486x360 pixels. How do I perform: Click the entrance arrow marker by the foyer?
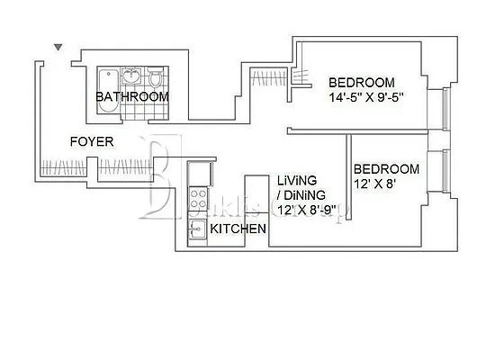click(x=58, y=48)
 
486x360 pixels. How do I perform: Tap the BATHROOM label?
click(x=132, y=96)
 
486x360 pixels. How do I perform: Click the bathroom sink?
click(x=132, y=76)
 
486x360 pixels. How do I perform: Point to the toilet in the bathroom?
click(x=155, y=77)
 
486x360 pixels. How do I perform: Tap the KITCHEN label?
click(x=238, y=229)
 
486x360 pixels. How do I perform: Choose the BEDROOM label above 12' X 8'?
click(x=386, y=169)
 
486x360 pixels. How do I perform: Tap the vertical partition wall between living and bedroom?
click(x=348, y=180)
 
